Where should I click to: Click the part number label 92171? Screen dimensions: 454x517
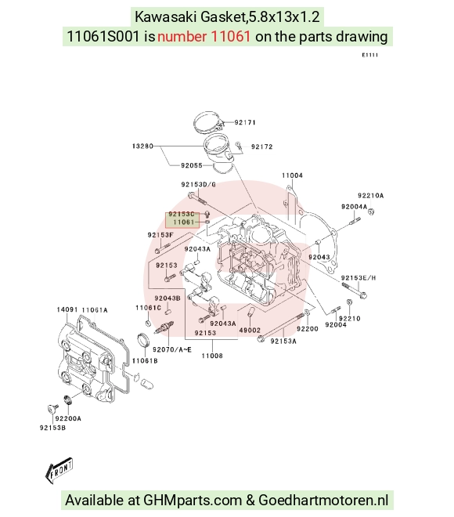(245, 122)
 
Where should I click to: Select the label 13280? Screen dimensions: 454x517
(142, 146)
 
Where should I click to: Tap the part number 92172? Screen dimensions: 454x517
(262, 146)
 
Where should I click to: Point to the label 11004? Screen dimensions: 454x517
(292, 175)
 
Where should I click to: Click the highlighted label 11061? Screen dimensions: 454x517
(184, 222)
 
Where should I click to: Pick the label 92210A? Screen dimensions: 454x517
(371, 196)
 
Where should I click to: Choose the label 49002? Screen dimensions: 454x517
(250, 330)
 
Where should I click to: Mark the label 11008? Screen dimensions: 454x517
(212, 356)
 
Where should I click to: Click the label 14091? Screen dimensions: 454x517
(67, 309)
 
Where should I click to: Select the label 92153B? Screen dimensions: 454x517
(52, 428)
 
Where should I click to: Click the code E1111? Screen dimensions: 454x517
(370, 55)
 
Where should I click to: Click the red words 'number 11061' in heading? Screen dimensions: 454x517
(204, 36)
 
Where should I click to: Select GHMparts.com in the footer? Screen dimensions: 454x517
(193, 501)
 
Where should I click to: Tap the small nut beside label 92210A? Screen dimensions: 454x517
(371, 211)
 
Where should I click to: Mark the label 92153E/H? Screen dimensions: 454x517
(359, 278)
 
